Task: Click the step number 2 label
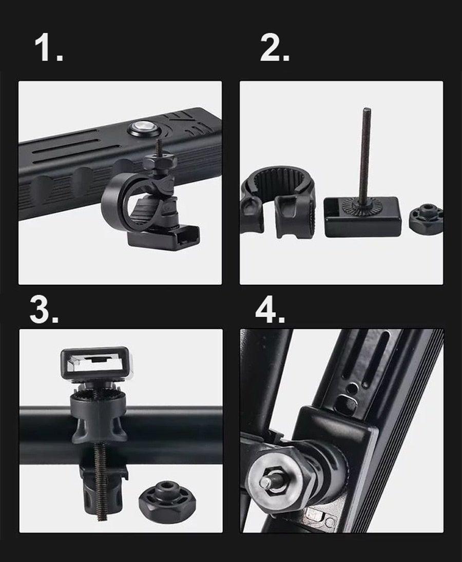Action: [x=274, y=48]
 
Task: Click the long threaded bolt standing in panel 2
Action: [x=363, y=158]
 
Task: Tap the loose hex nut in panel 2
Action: [x=426, y=216]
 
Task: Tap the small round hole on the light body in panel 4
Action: [x=353, y=389]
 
